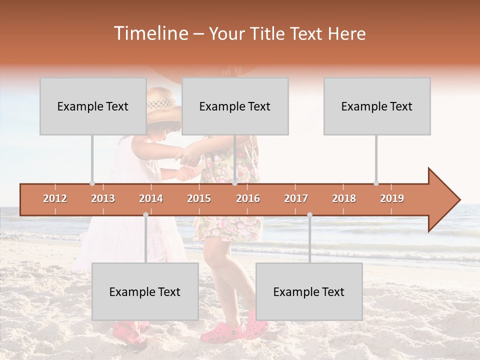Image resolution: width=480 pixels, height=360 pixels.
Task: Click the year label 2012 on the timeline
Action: [55, 198]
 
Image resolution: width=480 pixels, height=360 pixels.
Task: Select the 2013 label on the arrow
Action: [103, 198]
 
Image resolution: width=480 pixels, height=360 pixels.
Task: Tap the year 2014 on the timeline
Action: [151, 198]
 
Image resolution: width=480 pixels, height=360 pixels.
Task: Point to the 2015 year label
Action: [199, 198]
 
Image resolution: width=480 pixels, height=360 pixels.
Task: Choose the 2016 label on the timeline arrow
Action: [248, 198]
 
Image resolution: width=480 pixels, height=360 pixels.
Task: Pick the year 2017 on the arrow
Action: [296, 198]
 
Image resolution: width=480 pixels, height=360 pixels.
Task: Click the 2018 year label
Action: [344, 198]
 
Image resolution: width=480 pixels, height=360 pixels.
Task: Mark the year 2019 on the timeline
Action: [392, 198]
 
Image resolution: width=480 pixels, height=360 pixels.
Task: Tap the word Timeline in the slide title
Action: [150, 33]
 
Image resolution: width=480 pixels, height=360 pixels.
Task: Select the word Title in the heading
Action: [269, 33]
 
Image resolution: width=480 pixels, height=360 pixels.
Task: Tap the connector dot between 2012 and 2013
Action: [92, 183]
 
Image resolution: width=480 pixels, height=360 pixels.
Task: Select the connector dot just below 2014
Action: [145, 214]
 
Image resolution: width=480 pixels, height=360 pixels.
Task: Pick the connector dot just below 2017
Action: [309, 214]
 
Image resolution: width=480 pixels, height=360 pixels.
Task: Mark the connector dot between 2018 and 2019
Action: [376, 183]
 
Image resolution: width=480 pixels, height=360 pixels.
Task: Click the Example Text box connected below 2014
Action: [145, 291]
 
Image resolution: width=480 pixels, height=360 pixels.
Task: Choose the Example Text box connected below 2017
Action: [309, 291]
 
